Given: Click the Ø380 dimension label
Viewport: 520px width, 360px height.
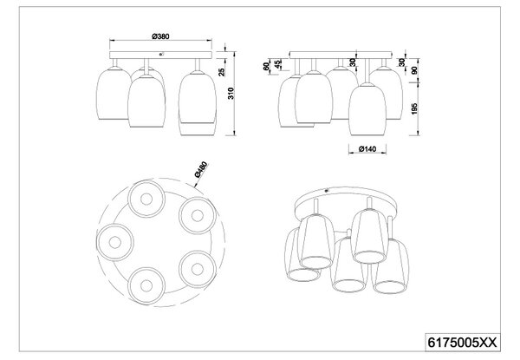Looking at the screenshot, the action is click(161, 36).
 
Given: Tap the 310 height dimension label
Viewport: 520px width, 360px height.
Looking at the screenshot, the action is click(231, 93).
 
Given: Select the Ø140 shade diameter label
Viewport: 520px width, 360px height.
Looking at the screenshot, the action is click(367, 149).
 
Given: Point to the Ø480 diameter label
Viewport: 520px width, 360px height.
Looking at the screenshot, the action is click(201, 169).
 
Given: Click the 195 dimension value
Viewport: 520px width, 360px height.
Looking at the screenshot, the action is click(414, 108).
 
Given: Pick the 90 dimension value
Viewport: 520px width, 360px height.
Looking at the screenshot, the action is click(414, 70).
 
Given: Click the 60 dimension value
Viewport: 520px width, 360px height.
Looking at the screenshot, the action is click(266, 66).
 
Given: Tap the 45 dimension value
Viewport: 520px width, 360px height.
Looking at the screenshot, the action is click(277, 63).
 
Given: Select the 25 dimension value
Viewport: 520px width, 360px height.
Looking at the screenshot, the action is click(222, 72).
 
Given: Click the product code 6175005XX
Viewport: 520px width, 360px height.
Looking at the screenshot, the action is click(463, 342).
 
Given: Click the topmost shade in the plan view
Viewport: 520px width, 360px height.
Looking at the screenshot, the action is click(146, 199).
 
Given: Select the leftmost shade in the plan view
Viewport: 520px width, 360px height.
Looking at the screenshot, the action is click(115, 242).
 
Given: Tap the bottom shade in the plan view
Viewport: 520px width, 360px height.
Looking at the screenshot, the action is click(146, 285).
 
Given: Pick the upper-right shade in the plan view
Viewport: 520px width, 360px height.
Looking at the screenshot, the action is click(198, 216).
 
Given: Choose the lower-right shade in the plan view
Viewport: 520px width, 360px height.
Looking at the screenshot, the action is click(198, 269).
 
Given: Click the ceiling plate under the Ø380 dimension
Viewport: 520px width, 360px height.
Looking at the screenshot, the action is click(160, 55).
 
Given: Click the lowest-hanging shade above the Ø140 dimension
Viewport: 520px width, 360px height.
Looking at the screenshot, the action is click(367, 110).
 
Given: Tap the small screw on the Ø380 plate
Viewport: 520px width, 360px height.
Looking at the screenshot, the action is click(160, 54).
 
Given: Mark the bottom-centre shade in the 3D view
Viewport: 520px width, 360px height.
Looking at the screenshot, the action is click(348, 265).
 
